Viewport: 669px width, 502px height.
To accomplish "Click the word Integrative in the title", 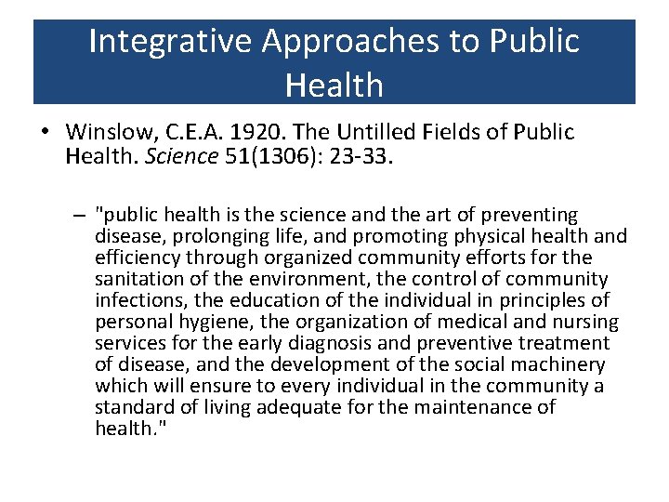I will (171, 41).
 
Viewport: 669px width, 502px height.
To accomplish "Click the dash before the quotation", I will (81, 216).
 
